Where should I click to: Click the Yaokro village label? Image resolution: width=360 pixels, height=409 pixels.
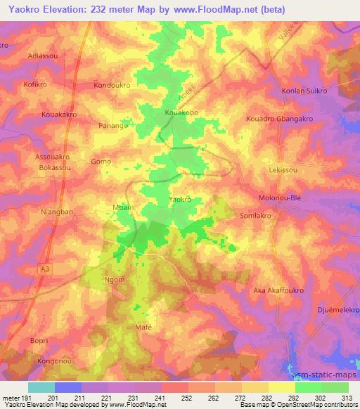pyautogui.click(x=181, y=200)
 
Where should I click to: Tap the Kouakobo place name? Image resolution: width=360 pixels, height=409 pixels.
pyautogui.click(x=181, y=112)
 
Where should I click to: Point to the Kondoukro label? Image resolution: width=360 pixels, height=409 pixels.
pyautogui.click(x=112, y=85)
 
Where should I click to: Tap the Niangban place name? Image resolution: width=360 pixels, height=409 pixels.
pyautogui.click(x=57, y=210)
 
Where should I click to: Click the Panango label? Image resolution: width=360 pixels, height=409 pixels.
pyautogui.click(x=113, y=125)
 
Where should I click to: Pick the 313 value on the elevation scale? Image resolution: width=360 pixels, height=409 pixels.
pyautogui.click(x=348, y=398)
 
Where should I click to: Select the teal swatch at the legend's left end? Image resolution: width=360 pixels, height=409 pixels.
pyautogui.click(x=41, y=387)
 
